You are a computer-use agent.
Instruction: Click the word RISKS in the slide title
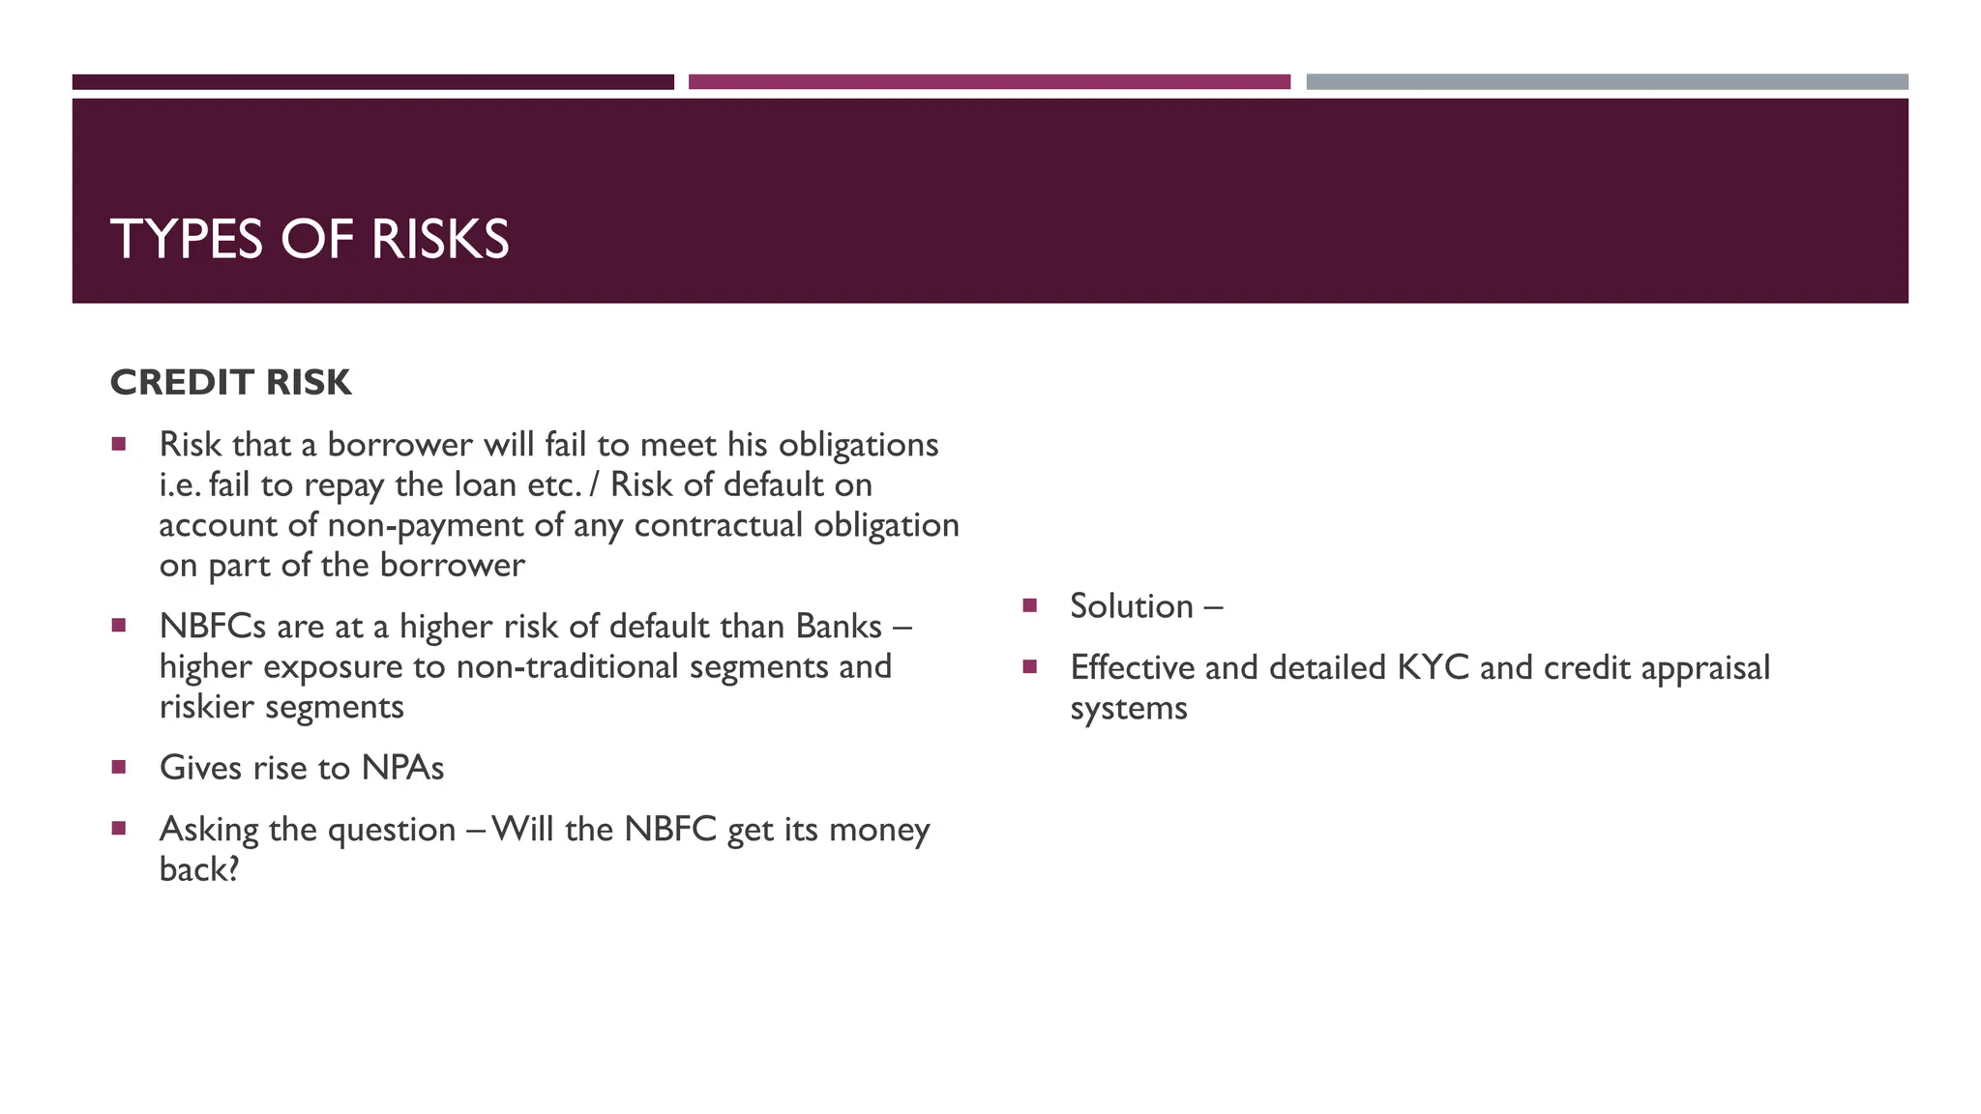[439, 239]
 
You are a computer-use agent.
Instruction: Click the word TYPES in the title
[187, 239]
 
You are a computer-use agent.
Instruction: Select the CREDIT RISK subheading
[230, 383]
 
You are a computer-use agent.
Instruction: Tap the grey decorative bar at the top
[1607, 82]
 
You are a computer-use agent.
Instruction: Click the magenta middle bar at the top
[989, 82]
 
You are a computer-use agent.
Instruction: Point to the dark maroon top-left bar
[372, 82]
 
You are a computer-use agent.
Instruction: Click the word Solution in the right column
[1132, 606]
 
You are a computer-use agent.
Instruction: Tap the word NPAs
[402, 768]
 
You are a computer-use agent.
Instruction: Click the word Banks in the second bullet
[839, 627]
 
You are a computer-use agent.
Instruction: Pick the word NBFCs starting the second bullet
[212, 627]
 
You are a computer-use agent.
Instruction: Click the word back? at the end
[198, 869]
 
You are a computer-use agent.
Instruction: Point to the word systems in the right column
[1128, 708]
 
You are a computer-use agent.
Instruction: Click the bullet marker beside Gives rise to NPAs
[119, 767]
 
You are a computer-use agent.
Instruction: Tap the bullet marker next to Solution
[1029, 605]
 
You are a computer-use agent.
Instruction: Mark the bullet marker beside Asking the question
[119, 828]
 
